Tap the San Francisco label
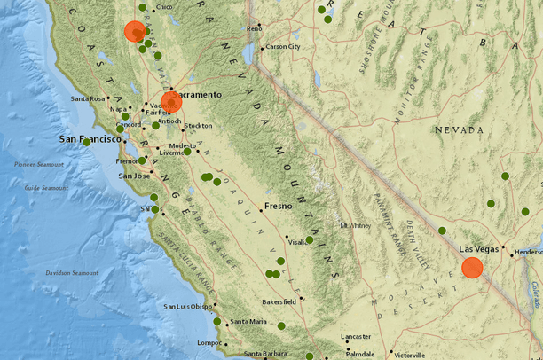[89, 139]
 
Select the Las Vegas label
[479, 249]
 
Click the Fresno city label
[279, 206]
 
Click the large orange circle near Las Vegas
[472, 268]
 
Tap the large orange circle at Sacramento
[170, 101]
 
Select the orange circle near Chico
[133, 31]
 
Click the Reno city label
[255, 28]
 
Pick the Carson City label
[283, 46]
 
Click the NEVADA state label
[459, 129]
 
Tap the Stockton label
[198, 126]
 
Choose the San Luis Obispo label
[188, 307]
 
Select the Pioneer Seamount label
[33, 164]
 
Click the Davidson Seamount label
[72, 272]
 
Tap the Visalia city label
[296, 241]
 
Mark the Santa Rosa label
[89, 98]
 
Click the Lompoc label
[209, 342]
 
